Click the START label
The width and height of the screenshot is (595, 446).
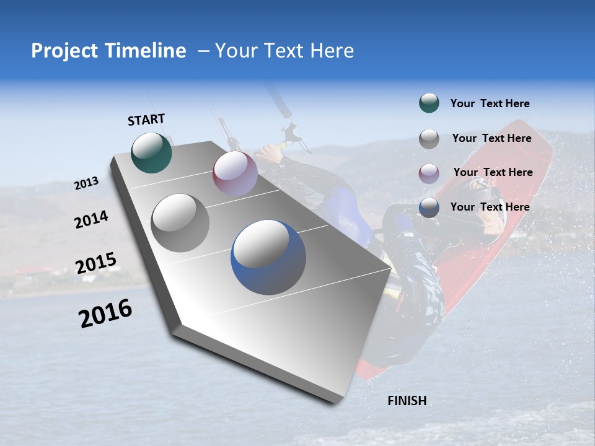146,119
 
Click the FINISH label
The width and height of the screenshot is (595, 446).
407,401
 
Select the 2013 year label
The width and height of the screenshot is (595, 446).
86,183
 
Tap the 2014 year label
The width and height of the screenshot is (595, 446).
91,219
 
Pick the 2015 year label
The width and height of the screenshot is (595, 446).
95,263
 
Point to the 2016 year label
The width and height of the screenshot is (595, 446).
105,313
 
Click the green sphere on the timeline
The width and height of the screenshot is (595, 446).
151,152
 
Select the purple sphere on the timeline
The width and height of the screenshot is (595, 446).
235,173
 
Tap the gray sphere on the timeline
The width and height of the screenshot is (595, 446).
180,222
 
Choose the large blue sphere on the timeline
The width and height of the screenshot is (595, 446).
268,258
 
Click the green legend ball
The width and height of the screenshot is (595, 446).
429,103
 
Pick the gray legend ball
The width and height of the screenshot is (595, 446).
429,139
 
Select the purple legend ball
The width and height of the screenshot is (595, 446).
429,173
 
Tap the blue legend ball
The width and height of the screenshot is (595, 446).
429,208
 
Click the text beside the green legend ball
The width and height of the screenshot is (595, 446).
490,103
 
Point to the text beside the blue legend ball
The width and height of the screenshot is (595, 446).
490,207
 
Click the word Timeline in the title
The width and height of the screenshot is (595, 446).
146,51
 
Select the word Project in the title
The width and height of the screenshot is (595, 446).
63,51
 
